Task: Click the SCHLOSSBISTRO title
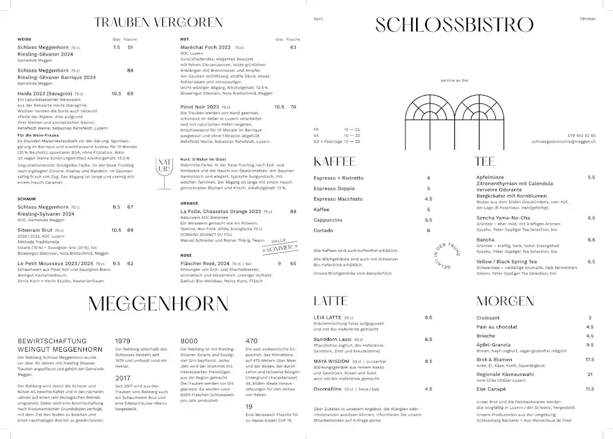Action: (454, 25)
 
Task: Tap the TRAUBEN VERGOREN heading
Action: (158, 23)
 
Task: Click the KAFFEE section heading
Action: (335, 161)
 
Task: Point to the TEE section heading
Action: (484, 161)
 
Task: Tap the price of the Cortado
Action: (428, 230)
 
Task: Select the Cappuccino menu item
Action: (328, 220)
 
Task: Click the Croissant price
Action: (590, 318)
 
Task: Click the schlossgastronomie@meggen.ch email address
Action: (563, 142)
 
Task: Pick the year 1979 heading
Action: (123, 341)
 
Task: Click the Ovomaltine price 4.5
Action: (428, 389)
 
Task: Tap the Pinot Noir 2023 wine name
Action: (200, 107)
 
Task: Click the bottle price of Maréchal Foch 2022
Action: (293, 47)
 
